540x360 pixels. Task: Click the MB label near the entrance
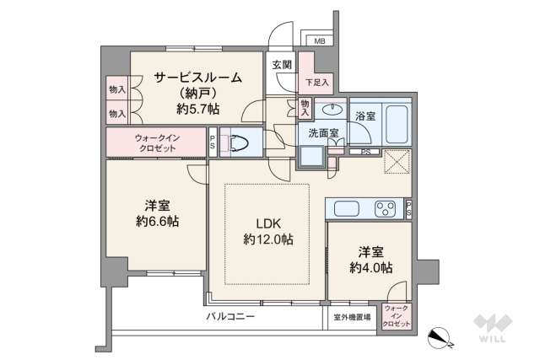coord(320,41)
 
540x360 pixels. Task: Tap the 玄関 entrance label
coord(281,64)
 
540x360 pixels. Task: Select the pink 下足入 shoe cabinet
coord(317,82)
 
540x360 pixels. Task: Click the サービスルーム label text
coord(197,78)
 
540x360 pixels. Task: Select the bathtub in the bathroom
coord(394,123)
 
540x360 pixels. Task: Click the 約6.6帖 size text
coord(154,221)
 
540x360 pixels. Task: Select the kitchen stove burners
coord(387,208)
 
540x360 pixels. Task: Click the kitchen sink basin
coord(347,208)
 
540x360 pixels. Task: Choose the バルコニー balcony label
coord(230,316)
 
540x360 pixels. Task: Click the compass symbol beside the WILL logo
coord(442,336)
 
